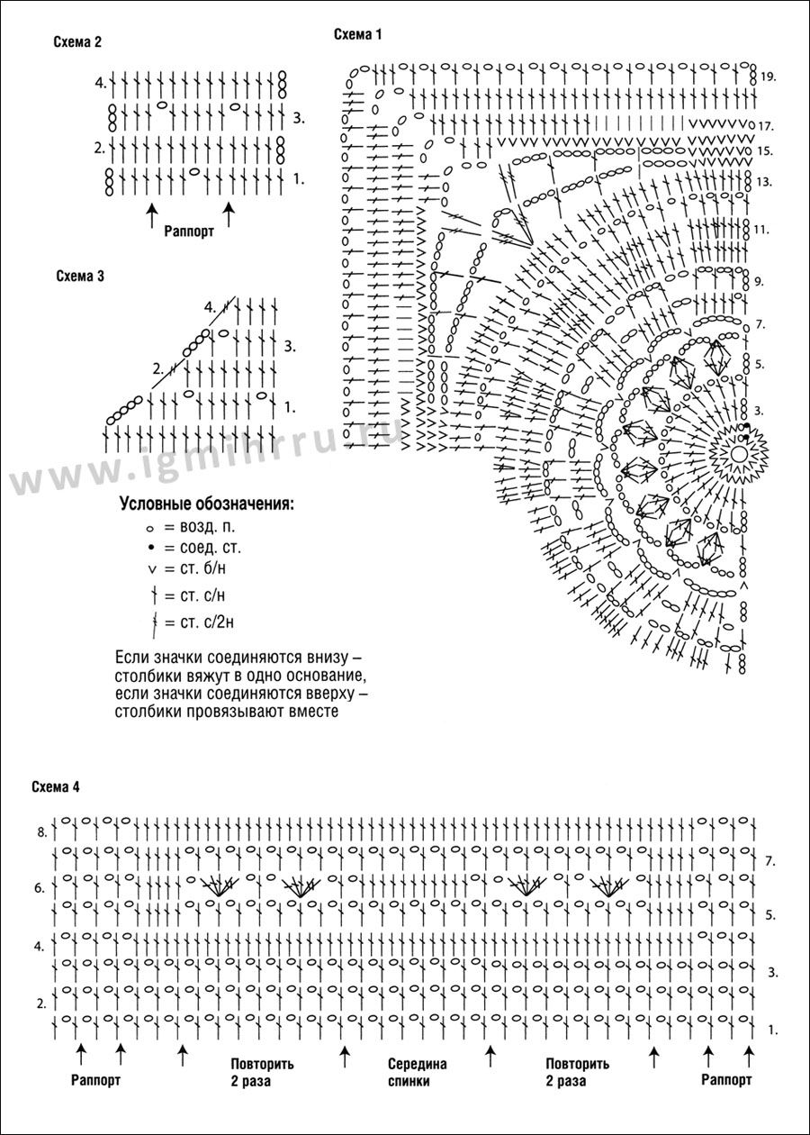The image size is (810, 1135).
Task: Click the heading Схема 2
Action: [x=77, y=42]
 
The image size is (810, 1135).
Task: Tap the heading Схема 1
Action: [x=357, y=34]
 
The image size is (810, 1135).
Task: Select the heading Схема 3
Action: [x=80, y=277]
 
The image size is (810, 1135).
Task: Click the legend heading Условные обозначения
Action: [x=207, y=504]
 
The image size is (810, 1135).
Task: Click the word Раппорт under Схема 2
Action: [x=189, y=232]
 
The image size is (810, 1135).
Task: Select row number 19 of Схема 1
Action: [x=768, y=77]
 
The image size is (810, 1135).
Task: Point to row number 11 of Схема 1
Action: [x=761, y=230]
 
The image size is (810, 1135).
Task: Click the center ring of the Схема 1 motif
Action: [x=739, y=452]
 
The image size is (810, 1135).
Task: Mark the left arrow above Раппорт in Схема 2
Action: [x=150, y=214]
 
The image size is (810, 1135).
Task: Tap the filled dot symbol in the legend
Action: [x=149, y=549]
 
